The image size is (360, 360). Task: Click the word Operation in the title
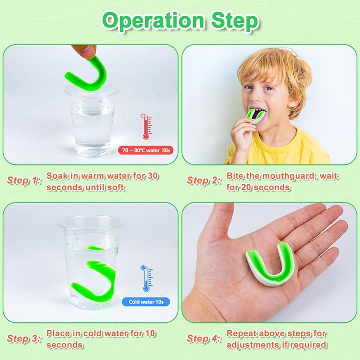tap(153, 21)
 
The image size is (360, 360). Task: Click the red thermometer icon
tap(146, 126)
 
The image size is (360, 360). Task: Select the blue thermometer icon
tap(146, 278)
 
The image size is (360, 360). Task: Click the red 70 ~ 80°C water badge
tap(146, 151)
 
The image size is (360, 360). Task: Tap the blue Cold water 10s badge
tap(146, 302)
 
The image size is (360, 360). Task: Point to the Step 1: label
tap(24, 180)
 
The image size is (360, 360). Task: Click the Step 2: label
tap(204, 180)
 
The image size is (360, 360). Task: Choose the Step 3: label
tap(24, 338)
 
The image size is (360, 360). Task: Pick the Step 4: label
tap(204, 338)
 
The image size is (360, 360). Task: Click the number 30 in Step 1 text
tap(152, 176)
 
